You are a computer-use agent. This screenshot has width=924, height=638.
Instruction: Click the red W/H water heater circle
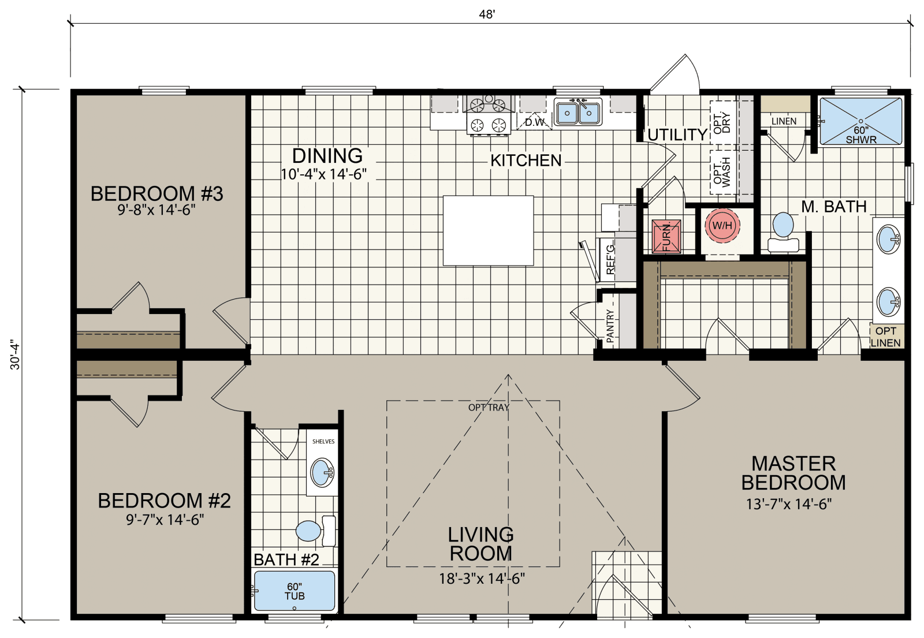point(722,225)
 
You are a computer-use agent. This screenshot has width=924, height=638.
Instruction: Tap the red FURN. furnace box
point(666,236)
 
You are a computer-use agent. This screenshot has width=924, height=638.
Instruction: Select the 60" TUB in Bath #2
point(294,591)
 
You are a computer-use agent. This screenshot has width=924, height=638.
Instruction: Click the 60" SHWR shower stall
point(860,121)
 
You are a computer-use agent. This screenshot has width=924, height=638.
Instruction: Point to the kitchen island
point(488,230)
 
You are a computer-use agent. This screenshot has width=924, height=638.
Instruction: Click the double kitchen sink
point(578,112)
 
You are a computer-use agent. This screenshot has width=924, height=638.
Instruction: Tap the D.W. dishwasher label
point(535,122)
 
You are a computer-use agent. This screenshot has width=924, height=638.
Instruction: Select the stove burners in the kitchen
point(488,115)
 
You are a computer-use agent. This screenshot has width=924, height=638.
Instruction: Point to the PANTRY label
point(610,326)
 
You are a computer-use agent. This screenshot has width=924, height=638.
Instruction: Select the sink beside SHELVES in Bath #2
point(322,473)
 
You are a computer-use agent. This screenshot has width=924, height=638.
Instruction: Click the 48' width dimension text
point(487,14)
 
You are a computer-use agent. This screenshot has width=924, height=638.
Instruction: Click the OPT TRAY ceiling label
point(489,408)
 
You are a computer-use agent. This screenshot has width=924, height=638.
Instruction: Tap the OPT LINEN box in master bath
point(885,337)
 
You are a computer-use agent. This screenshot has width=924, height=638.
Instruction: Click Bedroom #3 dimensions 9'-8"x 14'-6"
point(157,210)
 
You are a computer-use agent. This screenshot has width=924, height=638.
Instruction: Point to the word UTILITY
point(677,135)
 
